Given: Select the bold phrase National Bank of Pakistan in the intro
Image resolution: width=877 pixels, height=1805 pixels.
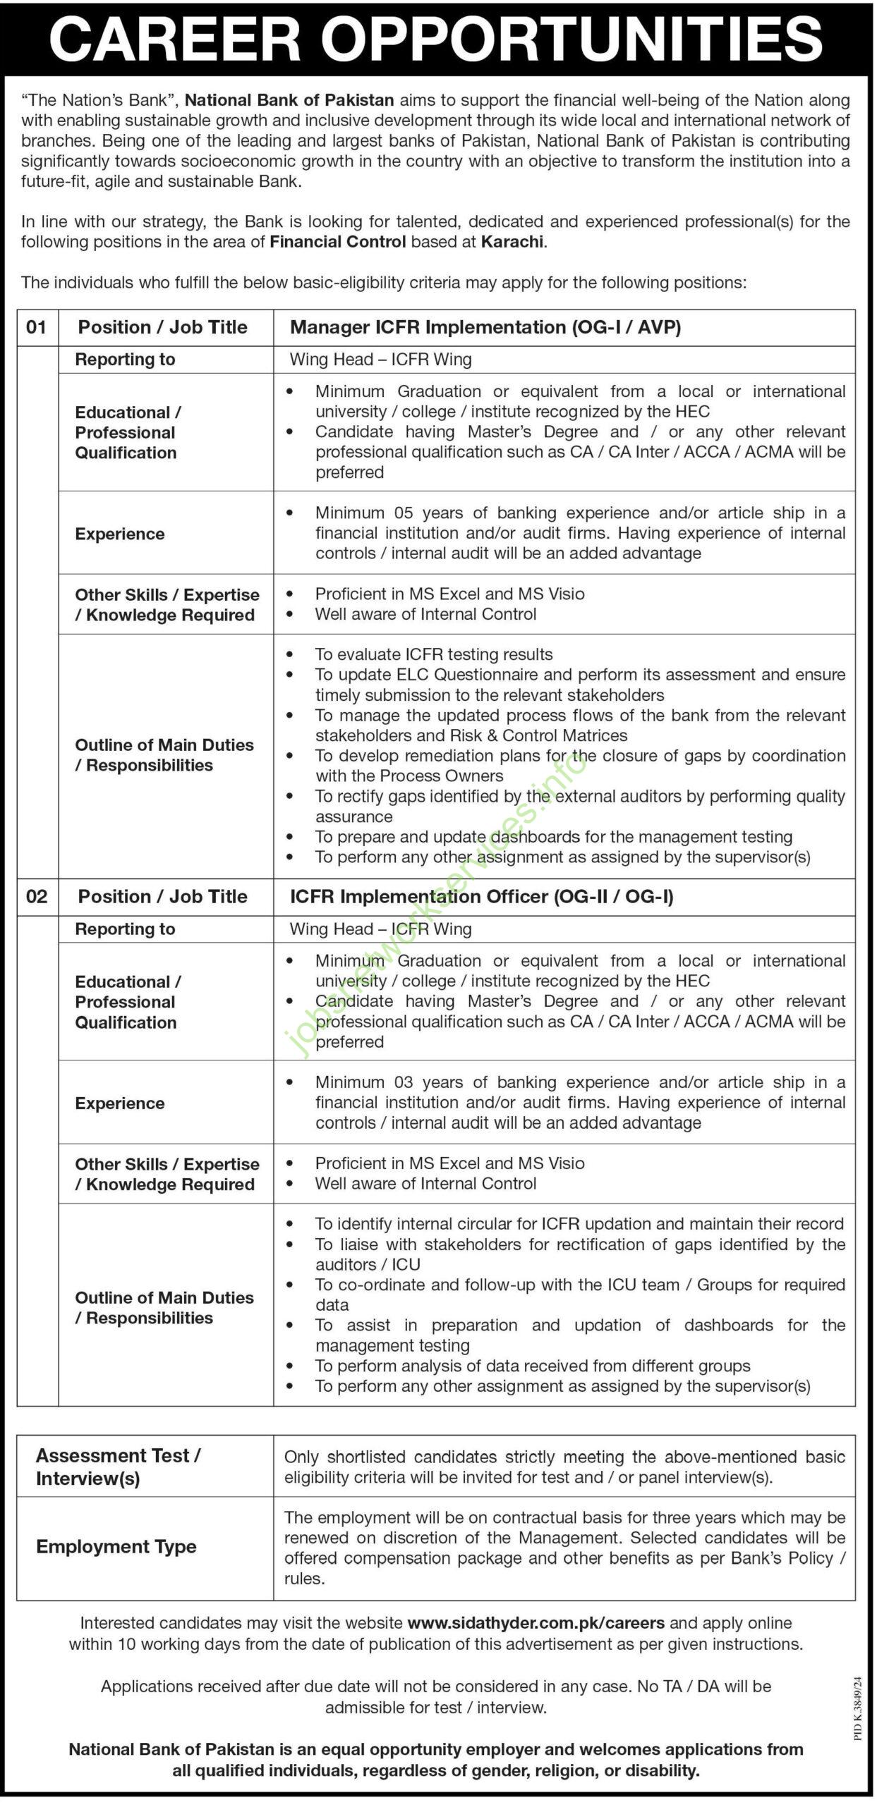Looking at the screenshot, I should pos(289,100).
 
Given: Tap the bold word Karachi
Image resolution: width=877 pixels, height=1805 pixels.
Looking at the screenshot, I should pos(512,242).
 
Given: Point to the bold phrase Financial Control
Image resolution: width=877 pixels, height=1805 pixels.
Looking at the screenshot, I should pos(338,242).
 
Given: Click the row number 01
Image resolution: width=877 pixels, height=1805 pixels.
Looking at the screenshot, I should pos(37,327).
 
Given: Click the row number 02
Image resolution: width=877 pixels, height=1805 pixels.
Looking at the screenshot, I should pos(37,896).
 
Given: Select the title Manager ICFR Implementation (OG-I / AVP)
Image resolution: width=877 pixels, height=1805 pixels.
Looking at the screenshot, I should pos(485,327).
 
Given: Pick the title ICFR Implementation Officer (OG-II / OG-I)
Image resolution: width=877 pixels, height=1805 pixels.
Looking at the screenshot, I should pos(481,896).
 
